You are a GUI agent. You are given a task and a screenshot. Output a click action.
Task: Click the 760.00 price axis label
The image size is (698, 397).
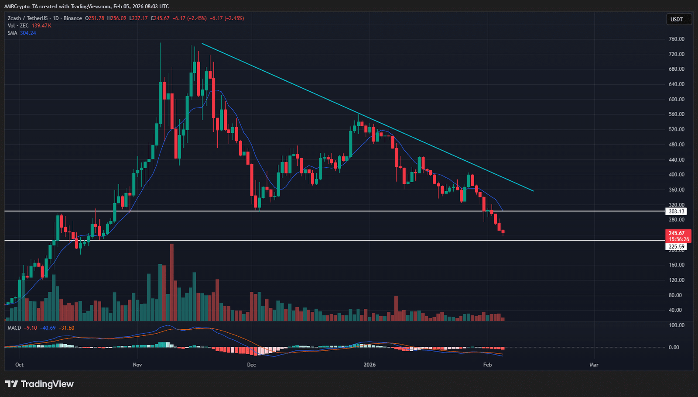(x=676, y=39)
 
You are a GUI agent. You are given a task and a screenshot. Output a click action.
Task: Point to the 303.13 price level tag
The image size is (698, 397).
(x=676, y=211)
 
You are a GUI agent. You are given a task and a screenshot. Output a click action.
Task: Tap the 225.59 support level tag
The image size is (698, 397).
(x=676, y=247)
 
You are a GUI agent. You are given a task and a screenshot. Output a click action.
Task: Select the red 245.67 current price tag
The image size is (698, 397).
(x=677, y=233)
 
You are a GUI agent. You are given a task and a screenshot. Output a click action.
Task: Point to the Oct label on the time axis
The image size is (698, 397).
(x=19, y=365)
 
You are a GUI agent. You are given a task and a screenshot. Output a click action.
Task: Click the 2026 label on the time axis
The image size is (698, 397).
(x=370, y=365)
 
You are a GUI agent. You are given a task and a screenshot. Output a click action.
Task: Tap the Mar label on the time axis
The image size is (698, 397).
(x=594, y=365)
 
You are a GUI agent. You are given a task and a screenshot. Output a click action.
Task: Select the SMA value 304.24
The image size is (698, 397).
(x=28, y=33)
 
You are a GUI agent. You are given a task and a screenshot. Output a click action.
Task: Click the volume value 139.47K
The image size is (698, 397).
(x=41, y=26)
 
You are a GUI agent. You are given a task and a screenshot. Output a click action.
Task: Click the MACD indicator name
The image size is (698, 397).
(x=14, y=328)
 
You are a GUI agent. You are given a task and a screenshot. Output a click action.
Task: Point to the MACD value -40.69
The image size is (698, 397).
(x=48, y=328)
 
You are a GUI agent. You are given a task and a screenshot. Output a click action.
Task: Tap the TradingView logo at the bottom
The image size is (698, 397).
(x=39, y=384)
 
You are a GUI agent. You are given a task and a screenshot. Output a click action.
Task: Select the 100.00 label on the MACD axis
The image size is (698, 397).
(x=676, y=325)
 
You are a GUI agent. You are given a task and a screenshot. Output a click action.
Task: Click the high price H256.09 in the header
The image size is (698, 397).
(x=116, y=18)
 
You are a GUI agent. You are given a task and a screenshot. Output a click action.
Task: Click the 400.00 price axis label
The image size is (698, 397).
(x=676, y=175)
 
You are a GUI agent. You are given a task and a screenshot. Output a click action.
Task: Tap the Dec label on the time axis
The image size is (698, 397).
(x=251, y=365)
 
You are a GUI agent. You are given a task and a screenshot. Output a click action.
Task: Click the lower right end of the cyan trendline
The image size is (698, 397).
(x=533, y=190)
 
